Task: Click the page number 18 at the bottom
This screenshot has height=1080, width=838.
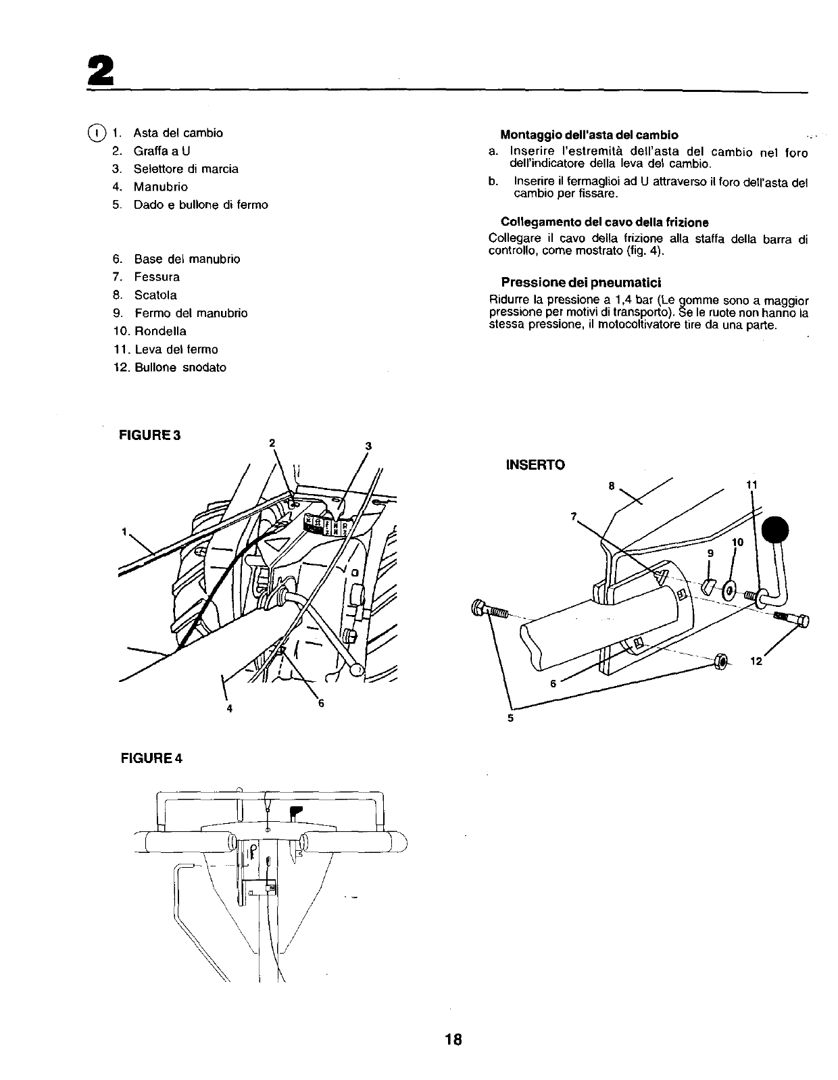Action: tap(453, 1039)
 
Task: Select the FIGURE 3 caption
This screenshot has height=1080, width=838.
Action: tap(150, 435)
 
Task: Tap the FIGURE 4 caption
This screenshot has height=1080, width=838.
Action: tap(151, 758)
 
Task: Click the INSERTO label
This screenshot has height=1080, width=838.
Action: tap(535, 465)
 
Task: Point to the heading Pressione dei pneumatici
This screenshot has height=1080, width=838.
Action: tap(581, 282)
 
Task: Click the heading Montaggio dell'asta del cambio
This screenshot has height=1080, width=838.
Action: tap(589, 134)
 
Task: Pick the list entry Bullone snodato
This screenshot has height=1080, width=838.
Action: tap(179, 368)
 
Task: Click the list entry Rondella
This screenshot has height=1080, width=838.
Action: tap(159, 331)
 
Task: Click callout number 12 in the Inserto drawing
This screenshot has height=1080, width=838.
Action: tap(756, 661)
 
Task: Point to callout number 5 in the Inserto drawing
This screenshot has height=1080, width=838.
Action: tap(510, 718)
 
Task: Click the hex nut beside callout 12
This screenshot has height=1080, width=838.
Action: tap(720, 660)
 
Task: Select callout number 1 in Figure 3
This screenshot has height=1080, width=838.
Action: tap(124, 531)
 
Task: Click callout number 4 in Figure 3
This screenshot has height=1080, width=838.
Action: tap(230, 708)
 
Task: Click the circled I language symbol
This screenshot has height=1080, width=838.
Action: tap(98, 132)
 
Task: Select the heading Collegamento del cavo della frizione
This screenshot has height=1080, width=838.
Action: tap(604, 222)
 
